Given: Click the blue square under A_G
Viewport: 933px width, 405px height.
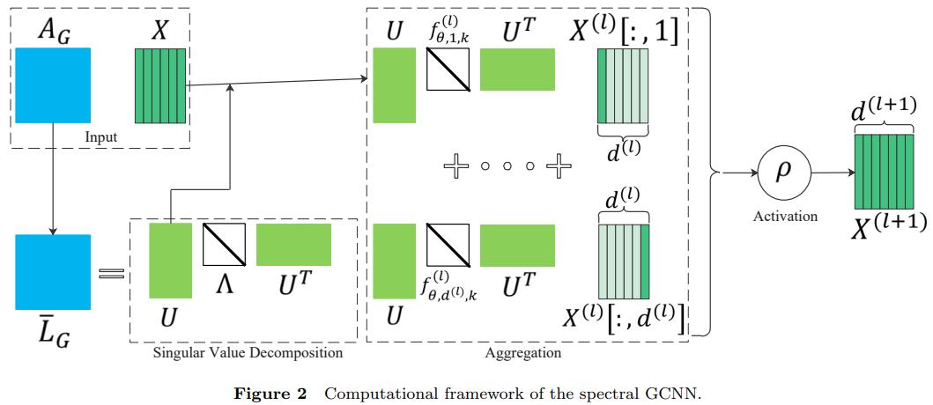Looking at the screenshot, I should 53,85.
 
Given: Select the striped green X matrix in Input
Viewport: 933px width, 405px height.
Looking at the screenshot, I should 160,85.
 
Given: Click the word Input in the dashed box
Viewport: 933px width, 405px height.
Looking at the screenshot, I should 102,136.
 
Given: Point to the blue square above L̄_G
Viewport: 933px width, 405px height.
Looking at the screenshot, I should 53,272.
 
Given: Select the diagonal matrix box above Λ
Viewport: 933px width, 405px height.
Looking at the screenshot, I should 224,244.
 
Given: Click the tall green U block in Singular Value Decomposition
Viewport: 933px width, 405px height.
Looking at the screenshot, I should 170,260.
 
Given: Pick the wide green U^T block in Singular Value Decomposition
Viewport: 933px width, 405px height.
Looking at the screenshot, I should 293,244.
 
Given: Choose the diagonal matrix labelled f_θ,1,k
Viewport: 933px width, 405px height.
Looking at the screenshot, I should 448,70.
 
